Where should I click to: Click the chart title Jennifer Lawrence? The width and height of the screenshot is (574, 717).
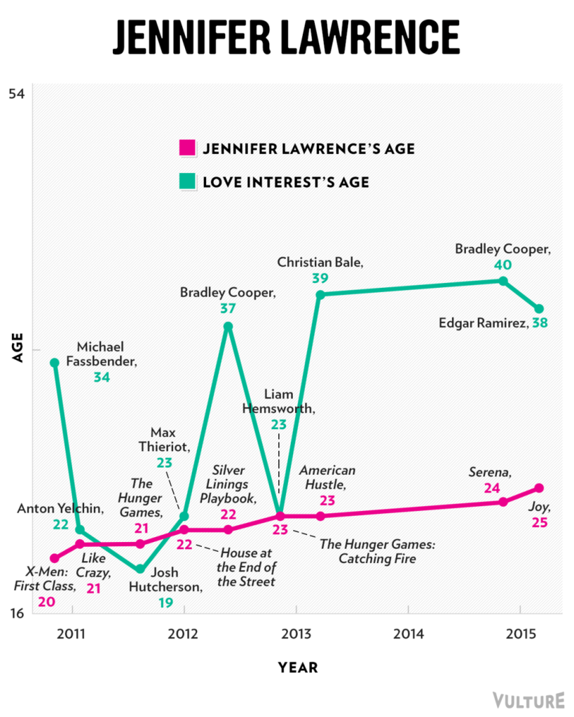pyautogui.click(x=286, y=37)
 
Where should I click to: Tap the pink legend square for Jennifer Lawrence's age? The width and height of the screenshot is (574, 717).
pyautogui.click(x=186, y=148)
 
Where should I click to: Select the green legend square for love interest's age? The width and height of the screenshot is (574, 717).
pyautogui.click(x=186, y=182)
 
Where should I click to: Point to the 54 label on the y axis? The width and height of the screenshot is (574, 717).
pyautogui.click(x=16, y=94)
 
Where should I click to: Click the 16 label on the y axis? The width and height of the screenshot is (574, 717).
pyautogui.click(x=16, y=613)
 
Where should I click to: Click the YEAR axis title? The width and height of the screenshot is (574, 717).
pyautogui.click(x=297, y=668)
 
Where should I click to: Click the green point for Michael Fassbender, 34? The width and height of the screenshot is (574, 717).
pyautogui.click(x=55, y=363)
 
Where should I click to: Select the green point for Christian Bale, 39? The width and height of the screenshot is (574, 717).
pyautogui.click(x=320, y=295)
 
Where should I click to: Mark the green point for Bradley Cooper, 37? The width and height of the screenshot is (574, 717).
pyautogui.click(x=228, y=326)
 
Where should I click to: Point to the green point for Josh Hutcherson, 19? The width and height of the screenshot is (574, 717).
pyautogui.click(x=140, y=569)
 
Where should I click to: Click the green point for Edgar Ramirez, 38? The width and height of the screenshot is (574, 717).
pyautogui.click(x=539, y=309)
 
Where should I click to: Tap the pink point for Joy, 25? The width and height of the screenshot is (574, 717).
pyautogui.click(x=539, y=488)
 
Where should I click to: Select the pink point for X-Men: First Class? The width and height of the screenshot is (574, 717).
pyautogui.click(x=55, y=558)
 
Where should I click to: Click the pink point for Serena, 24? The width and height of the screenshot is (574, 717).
pyautogui.click(x=503, y=502)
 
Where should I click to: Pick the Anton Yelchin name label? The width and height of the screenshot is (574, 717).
pyautogui.click(x=60, y=509)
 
